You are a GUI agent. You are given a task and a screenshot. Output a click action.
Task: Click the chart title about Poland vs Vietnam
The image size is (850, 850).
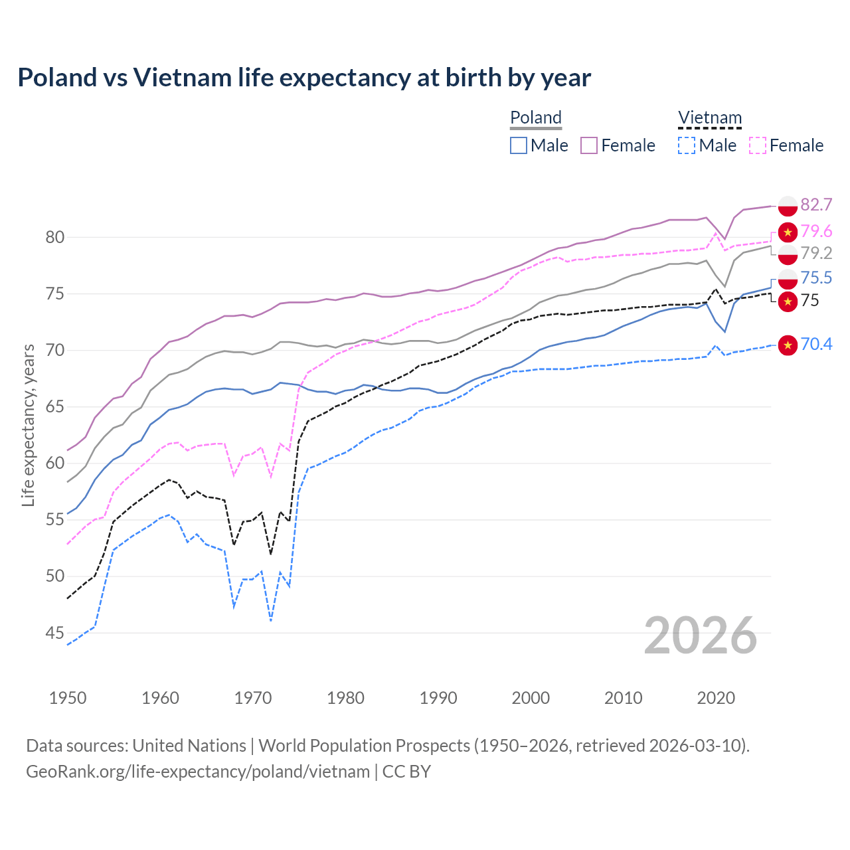pyautogui.click(x=304, y=78)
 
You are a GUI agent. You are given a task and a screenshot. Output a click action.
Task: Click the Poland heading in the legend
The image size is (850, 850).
pyautogui.click(x=536, y=118)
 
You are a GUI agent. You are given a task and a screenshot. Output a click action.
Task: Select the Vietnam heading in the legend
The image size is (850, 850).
pyautogui.click(x=709, y=118)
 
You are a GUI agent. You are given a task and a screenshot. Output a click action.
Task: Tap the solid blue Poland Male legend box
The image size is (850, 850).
pyautogui.click(x=519, y=145)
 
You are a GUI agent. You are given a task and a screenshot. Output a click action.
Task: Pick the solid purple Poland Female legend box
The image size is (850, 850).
pyautogui.click(x=589, y=145)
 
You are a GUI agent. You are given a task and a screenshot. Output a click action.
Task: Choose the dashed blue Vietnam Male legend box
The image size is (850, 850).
pyautogui.click(x=687, y=145)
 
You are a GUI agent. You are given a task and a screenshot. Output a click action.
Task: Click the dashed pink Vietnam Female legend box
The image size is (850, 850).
pyautogui.click(x=758, y=145)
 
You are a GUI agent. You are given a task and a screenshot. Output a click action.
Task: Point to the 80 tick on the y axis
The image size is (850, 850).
pyautogui.click(x=55, y=237)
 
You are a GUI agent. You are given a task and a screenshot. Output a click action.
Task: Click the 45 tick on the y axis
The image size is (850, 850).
pyautogui.click(x=55, y=633)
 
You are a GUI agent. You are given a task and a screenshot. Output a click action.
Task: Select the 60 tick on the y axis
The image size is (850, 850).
pyautogui.click(x=55, y=463)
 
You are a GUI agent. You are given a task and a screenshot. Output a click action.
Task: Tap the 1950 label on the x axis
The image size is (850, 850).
pyautogui.click(x=68, y=698)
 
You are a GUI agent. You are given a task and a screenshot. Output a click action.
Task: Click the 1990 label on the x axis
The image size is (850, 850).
pyautogui.click(x=438, y=698)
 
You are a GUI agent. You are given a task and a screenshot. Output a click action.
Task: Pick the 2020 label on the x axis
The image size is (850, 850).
pyautogui.click(x=716, y=698)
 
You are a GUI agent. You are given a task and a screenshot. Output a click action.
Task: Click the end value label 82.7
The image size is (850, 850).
pyautogui.click(x=816, y=205)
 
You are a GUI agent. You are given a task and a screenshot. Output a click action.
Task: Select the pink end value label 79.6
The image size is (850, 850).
pyautogui.click(x=816, y=231)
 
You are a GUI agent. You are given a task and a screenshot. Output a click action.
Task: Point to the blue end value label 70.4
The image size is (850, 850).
pyautogui.click(x=816, y=344)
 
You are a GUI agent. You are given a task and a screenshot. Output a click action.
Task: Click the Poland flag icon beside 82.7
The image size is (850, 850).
pyautogui.click(x=788, y=206)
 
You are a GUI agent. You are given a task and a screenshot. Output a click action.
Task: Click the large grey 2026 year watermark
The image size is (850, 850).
pyautogui.click(x=701, y=636)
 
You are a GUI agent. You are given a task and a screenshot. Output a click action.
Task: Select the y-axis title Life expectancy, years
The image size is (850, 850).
pyautogui.click(x=29, y=425)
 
